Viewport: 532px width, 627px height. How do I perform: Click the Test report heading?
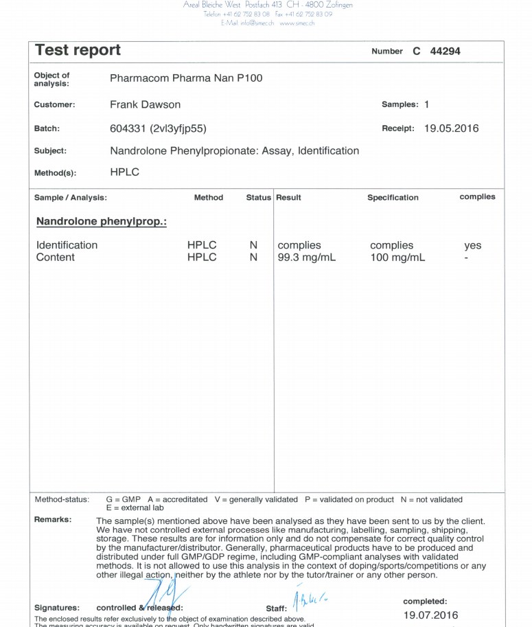[x=78, y=50]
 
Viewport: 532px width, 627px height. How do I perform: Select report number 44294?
[x=445, y=52]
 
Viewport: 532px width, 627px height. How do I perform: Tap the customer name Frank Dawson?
[x=145, y=104]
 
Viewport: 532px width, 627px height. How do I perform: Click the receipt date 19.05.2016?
[x=451, y=128]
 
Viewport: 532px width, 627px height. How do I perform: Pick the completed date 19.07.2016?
[x=430, y=615]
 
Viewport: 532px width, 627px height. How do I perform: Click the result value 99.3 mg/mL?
[x=306, y=258]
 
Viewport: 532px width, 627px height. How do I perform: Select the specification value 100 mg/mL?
[x=397, y=258]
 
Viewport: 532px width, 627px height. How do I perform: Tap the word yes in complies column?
[x=472, y=245]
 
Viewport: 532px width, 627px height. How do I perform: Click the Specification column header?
[x=393, y=198]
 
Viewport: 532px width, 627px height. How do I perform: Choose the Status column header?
[x=259, y=198]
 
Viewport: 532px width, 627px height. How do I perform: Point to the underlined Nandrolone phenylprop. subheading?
[x=102, y=222]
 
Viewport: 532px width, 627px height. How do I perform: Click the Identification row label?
[x=67, y=245]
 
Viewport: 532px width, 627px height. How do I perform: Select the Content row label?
[x=56, y=258]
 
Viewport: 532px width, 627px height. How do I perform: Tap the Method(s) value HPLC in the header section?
[x=124, y=172]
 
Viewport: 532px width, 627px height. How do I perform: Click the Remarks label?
[x=53, y=520]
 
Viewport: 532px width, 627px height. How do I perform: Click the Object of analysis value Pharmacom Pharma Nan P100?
[x=186, y=78]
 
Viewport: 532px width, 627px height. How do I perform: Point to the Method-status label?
[x=62, y=499]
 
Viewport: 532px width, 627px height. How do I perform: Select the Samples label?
[x=400, y=104]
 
